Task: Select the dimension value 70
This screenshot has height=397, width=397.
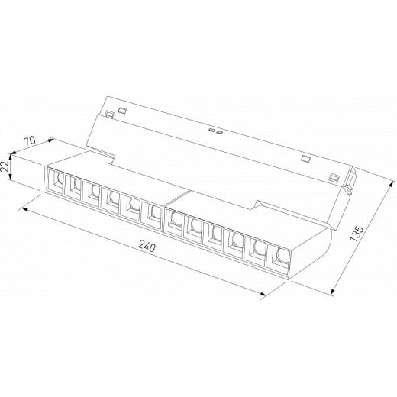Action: pos(31,142)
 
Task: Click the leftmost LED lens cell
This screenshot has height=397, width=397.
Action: pos(56,180)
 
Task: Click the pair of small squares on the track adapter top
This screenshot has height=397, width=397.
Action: pos(215,132)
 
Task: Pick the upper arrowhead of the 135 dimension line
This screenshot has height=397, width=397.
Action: pos(390,184)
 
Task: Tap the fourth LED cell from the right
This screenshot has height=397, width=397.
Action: pos(217,234)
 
